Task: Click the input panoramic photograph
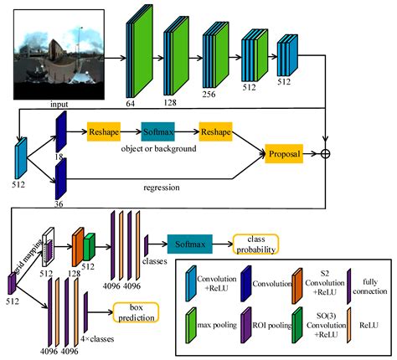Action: (52, 50)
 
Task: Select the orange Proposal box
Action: (286, 154)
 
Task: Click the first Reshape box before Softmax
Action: (104, 133)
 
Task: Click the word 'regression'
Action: (162, 188)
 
